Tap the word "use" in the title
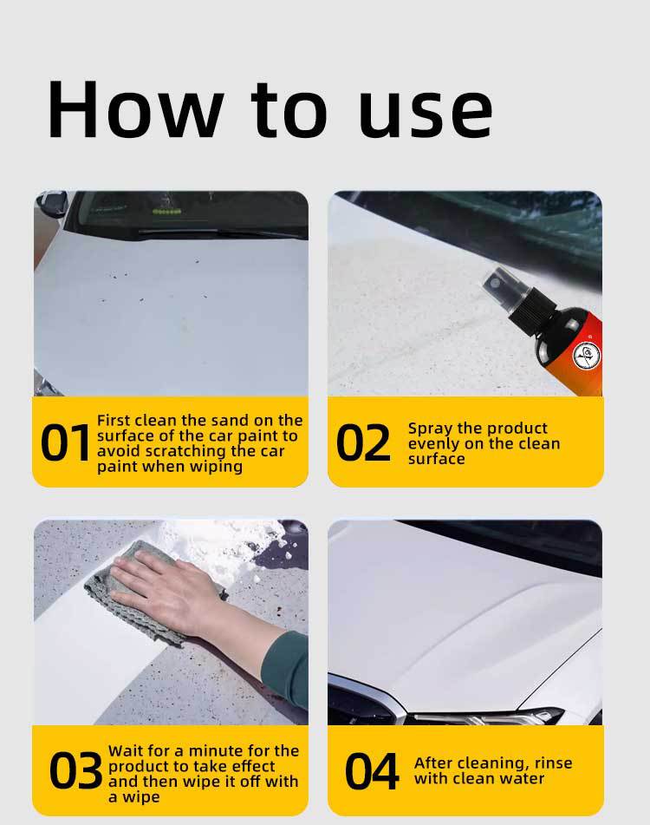(426, 114)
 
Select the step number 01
(66, 442)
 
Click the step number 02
(363, 442)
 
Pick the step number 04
(372, 770)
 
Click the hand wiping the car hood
(169, 590)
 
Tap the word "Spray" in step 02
(432, 429)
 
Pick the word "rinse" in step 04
(553, 763)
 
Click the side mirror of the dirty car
(51, 203)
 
